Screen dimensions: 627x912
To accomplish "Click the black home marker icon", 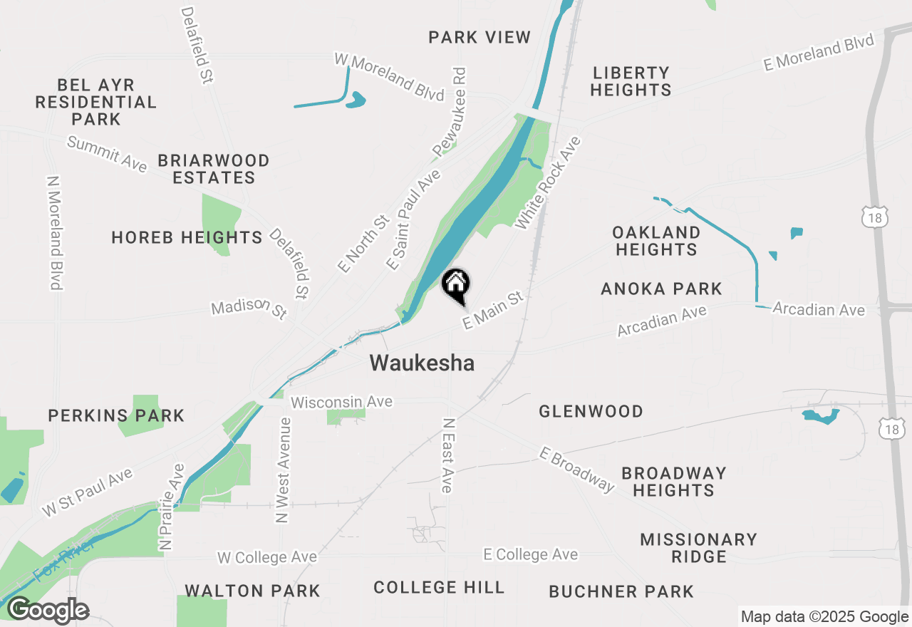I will (456, 284).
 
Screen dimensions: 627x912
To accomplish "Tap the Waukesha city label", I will (422, 363).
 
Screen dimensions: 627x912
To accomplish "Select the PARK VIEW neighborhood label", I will (480, 37).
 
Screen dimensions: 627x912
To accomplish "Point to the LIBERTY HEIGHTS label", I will (631, 81).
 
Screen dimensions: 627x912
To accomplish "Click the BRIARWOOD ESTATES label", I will (214, 169).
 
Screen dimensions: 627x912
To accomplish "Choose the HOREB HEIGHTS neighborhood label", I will (187, 237).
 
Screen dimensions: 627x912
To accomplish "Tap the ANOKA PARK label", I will (661, 289).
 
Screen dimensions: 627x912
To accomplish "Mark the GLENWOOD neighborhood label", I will (591, 411).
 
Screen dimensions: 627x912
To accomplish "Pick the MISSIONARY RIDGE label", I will (698, 548).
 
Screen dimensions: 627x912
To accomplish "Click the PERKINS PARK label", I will (116, 415).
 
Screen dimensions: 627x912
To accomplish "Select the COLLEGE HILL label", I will (439, 588).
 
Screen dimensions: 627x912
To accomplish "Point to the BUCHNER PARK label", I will (621, 591).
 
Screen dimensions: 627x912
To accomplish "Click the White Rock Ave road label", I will (548, 182).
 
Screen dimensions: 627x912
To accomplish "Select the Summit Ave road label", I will (107, 154).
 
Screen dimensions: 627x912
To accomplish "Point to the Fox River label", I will (63, 561).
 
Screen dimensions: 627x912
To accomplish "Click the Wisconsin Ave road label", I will (341, 402).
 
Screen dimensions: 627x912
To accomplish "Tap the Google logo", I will (48, 611).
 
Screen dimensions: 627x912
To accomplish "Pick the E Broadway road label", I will (576, 470).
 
